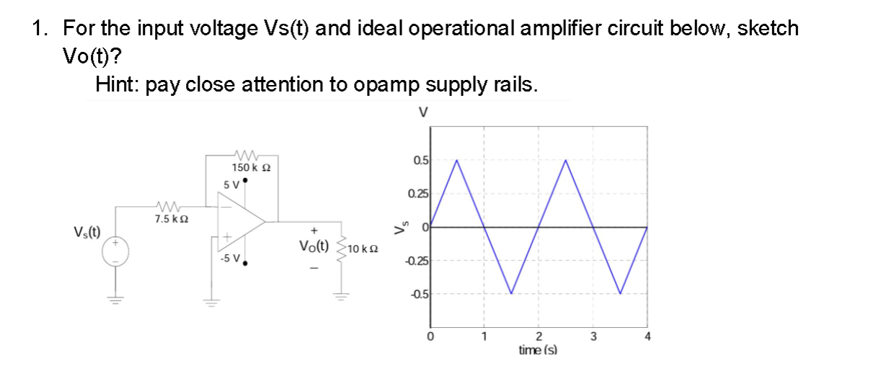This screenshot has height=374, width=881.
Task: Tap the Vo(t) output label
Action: pyautogui.click(x=314, y=246)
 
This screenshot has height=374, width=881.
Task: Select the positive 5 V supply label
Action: pyautogui.click(x=231, y=184)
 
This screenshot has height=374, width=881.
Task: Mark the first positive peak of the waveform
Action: pyautogui.click(x=457, y=160)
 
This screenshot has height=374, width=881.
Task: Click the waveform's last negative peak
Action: pyautogui.click(x=621, y=293)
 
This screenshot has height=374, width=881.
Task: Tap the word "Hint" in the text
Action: pyautogui.click(x=118, y=85)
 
